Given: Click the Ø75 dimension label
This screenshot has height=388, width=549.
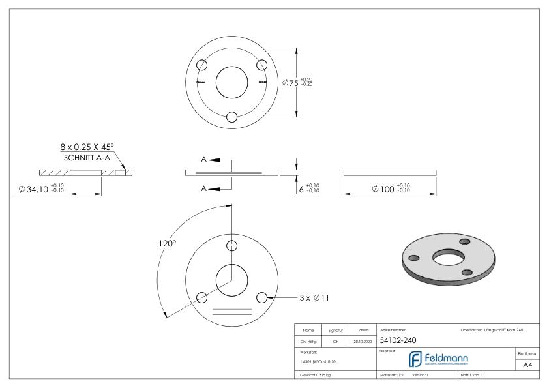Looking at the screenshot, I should pyautogui.click(x=290, y=83).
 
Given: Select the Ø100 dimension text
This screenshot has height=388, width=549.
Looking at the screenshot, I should pyautogui.click(x=384, y=189).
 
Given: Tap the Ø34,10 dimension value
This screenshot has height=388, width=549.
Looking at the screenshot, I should pyautogui.click(x=35, y=189).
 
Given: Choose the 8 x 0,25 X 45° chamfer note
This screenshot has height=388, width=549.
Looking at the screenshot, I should pyautogui.click(x=91, y=148).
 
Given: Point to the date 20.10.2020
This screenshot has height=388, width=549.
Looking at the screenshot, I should pyautogui.click(x=363, y=341).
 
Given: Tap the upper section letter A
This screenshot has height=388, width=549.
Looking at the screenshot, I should pyautogui.click(x=204, y=159).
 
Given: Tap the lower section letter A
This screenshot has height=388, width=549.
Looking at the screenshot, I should pyautogui.click(x=204, y=188).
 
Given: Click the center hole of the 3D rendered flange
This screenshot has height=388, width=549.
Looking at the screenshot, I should pyautogui.click(x=446, y=258).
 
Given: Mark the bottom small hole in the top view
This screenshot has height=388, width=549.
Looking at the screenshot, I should pyautogui.click(x=231, y=117).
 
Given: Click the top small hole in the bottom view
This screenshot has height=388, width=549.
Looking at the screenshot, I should pyautogui.click(x=231, y=245).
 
